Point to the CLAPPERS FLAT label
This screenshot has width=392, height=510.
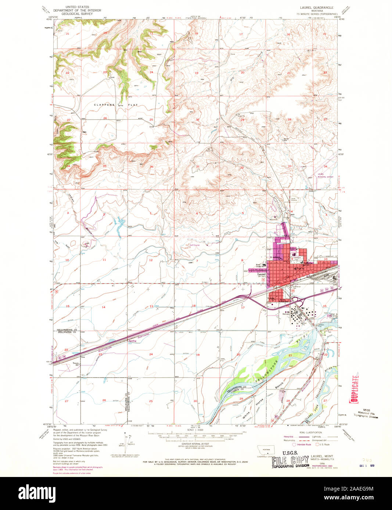116,105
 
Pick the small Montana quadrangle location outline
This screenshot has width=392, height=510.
266,450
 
